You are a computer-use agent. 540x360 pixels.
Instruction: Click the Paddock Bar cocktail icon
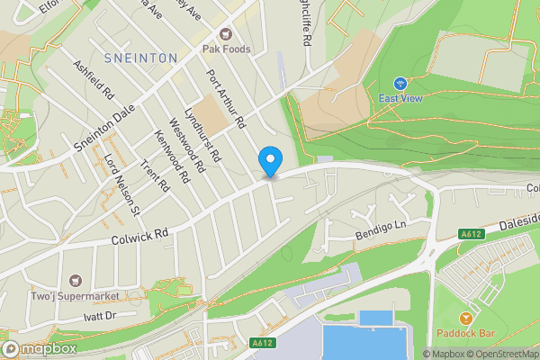466,319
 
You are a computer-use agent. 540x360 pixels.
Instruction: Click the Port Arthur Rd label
226,98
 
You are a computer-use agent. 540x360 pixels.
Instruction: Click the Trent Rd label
155,175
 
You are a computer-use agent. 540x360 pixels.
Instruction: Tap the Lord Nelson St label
123,185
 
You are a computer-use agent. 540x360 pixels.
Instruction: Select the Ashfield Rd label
94,79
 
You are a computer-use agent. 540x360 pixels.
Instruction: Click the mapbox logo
38,349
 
